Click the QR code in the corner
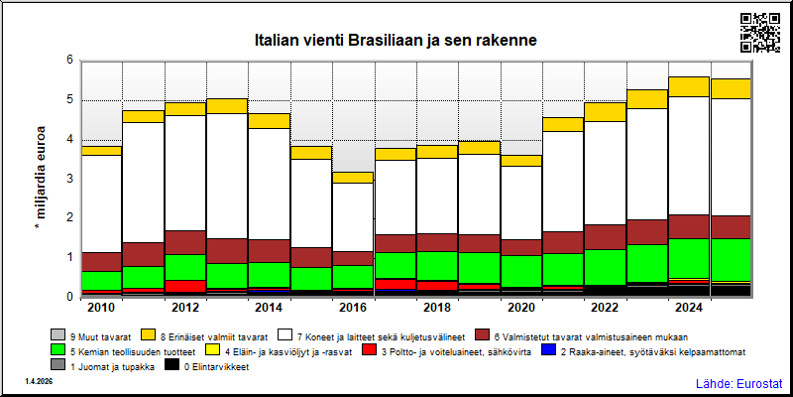pyautogui.click(x=760, y=33)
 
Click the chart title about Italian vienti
pyautogui.click(x=395, y=41)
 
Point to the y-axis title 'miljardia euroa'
pyautogui.click(x=41, y=179)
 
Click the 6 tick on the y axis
pyautogui.click(x=69, y=61)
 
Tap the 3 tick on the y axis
pyautogui.click(x=69, y=179)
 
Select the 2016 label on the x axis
pyautogui.click(x=354, y=308)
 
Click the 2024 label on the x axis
pyautogui.click(x=690, y=308)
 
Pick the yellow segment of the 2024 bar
pyautogui.click(x=690, y=86)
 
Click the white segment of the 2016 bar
pyautogui.click(x=354, y=216)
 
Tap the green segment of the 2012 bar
pyautogui.click(x=185, y=267)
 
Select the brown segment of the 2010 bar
pyautogui.click(x=101, y=262)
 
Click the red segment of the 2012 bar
pyautogui.click(x=185, y=286)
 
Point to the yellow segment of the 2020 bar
pyautogui.click(x=521, y=161)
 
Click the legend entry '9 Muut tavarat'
pyautogui.click(x=91, y=335)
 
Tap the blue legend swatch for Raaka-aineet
pyautogui.click(x=548, y=350)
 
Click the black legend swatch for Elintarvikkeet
pyautogui.click(x=172, y=364)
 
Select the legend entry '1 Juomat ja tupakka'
pyautogui.click(x=104, y=364)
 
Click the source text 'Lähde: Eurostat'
pyautogui.click(x=739, y=383)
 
